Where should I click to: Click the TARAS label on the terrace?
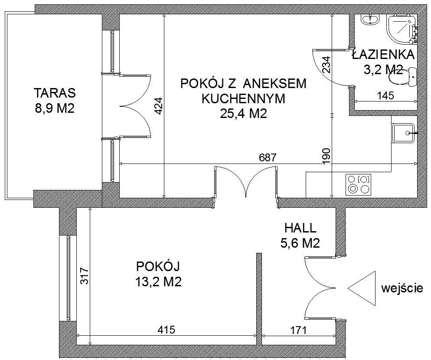tap(55, 93)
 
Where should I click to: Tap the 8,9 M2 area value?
tap(55, 108)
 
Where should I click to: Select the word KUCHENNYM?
tap(243, 99)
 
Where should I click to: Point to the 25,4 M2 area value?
tap(244, 114)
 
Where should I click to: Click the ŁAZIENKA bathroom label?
tap(383, 55)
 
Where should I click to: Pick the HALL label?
tap(300, 228)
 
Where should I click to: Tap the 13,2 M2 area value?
tap(158, 282)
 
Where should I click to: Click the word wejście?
tap(402, 288)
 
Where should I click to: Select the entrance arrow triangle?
tap(362, 289)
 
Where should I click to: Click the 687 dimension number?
tap(268, 157)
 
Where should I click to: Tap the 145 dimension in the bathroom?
tap(385, 96)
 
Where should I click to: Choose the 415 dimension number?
tap(167, 330)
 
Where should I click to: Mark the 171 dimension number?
tap(298, 330)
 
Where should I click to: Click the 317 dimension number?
tap(85, 276)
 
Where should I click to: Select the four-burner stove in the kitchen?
tap(359, 184)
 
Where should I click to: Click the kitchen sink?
tap(403, 133)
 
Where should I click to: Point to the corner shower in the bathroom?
tap(402, 29)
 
